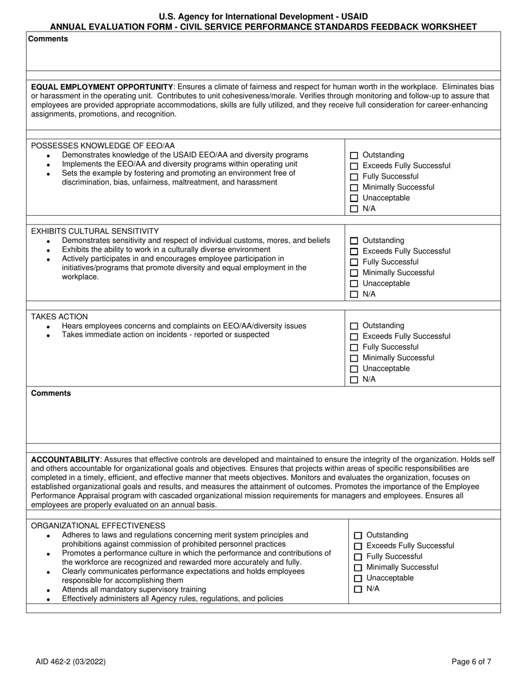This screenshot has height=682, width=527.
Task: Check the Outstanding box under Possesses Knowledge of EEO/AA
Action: (354, 155)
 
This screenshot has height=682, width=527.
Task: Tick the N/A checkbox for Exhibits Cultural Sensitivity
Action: (354, 294)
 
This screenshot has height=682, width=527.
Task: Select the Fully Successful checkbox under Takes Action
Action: (354, 348)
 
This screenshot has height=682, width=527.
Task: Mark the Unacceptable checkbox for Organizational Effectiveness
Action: (358, 578)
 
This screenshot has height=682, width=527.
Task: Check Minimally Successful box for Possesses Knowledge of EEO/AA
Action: (354, 187)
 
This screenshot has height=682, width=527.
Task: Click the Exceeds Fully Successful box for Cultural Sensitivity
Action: (354, 252)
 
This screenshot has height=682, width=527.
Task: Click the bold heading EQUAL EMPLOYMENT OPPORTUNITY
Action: (102, 87)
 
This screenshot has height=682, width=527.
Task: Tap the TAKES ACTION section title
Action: (59, 317)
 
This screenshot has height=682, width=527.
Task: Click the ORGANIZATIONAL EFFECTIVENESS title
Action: (98, 526)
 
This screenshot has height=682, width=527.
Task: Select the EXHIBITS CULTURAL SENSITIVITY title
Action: (95, 231)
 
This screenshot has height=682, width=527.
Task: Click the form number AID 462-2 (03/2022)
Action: (70, 661)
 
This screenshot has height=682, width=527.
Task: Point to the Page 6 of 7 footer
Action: (471, 661)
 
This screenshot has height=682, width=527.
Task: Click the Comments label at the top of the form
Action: (48, 39)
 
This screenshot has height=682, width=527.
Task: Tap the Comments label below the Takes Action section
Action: (51, 393)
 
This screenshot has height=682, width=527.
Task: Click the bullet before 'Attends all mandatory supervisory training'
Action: (49, 591)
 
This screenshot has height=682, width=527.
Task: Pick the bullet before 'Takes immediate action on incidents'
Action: (49, 336)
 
